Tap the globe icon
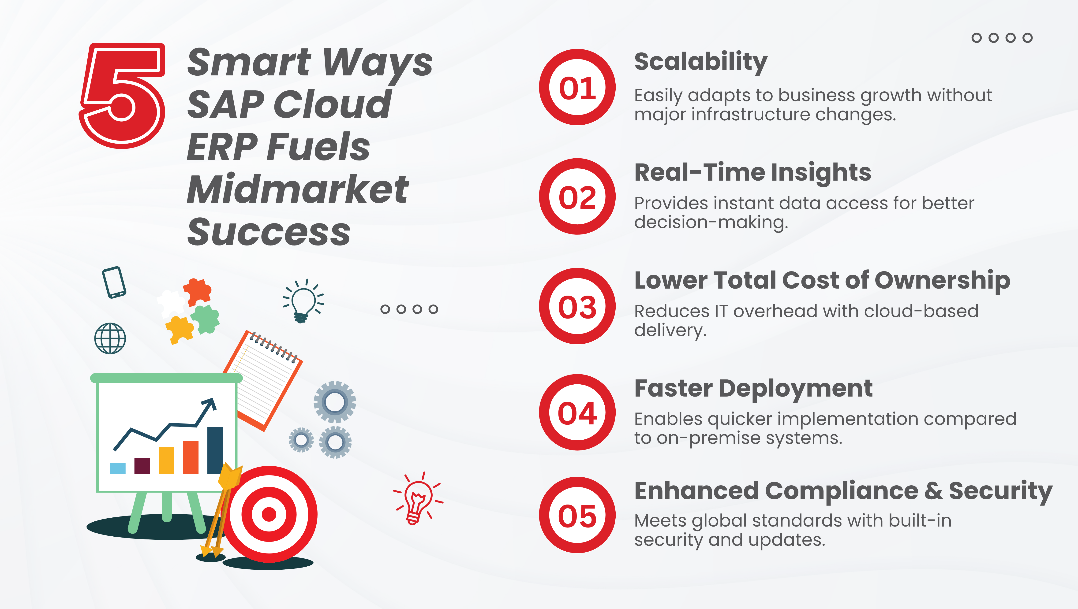[x=110, y=338]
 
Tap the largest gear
[x=335, y=402]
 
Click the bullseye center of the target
[x=269, y=514]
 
